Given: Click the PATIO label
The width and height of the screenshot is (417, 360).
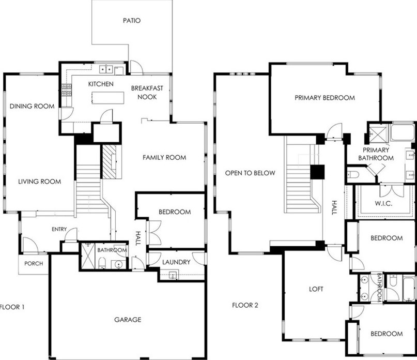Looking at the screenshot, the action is coord(132,21).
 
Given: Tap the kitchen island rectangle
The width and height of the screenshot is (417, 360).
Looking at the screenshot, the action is coord(108,98).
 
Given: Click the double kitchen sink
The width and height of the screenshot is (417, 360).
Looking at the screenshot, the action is coord(106,69).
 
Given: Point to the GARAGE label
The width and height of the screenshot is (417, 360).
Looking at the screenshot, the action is coord(128,319).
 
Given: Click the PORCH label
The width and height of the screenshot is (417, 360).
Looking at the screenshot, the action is coord(34,263).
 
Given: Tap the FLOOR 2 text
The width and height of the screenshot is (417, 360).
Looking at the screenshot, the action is coord(245,305).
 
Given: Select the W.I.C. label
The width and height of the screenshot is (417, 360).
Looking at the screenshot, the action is coord(383,203).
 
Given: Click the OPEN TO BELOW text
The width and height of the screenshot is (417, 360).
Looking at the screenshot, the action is coord(250,173).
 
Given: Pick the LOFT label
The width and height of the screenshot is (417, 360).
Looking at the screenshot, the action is coord(316,289).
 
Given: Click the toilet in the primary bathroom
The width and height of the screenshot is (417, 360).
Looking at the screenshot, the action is coord(353,175).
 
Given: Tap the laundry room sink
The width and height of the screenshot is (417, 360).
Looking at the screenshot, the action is coord(173,275).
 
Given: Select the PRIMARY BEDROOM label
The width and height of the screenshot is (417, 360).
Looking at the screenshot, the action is coord(325,98).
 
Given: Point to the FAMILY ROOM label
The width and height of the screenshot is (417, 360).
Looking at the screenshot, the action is coord(164,157).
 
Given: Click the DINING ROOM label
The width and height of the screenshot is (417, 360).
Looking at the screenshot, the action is coord(32,106).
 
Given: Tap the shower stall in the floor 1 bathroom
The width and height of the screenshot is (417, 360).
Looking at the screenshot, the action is coord(87,256).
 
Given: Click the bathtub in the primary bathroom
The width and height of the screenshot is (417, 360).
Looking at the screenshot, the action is coord(403,131).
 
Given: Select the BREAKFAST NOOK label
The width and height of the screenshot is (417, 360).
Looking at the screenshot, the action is coord(147,93).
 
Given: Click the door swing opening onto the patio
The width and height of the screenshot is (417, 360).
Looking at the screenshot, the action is coord(137,67).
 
